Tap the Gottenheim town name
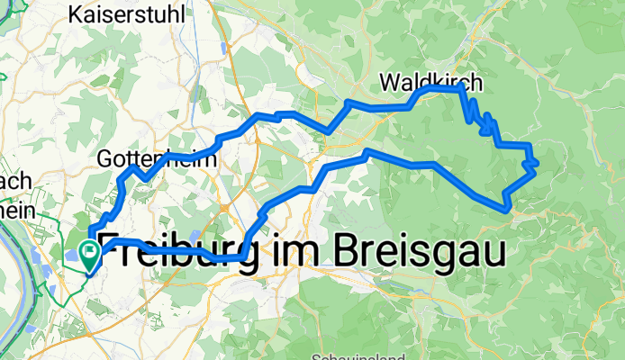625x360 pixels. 157,159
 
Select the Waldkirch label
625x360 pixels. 431,82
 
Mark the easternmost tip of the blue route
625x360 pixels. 538,163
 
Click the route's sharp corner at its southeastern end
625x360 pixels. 511,209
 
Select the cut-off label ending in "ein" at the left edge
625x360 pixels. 16,208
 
